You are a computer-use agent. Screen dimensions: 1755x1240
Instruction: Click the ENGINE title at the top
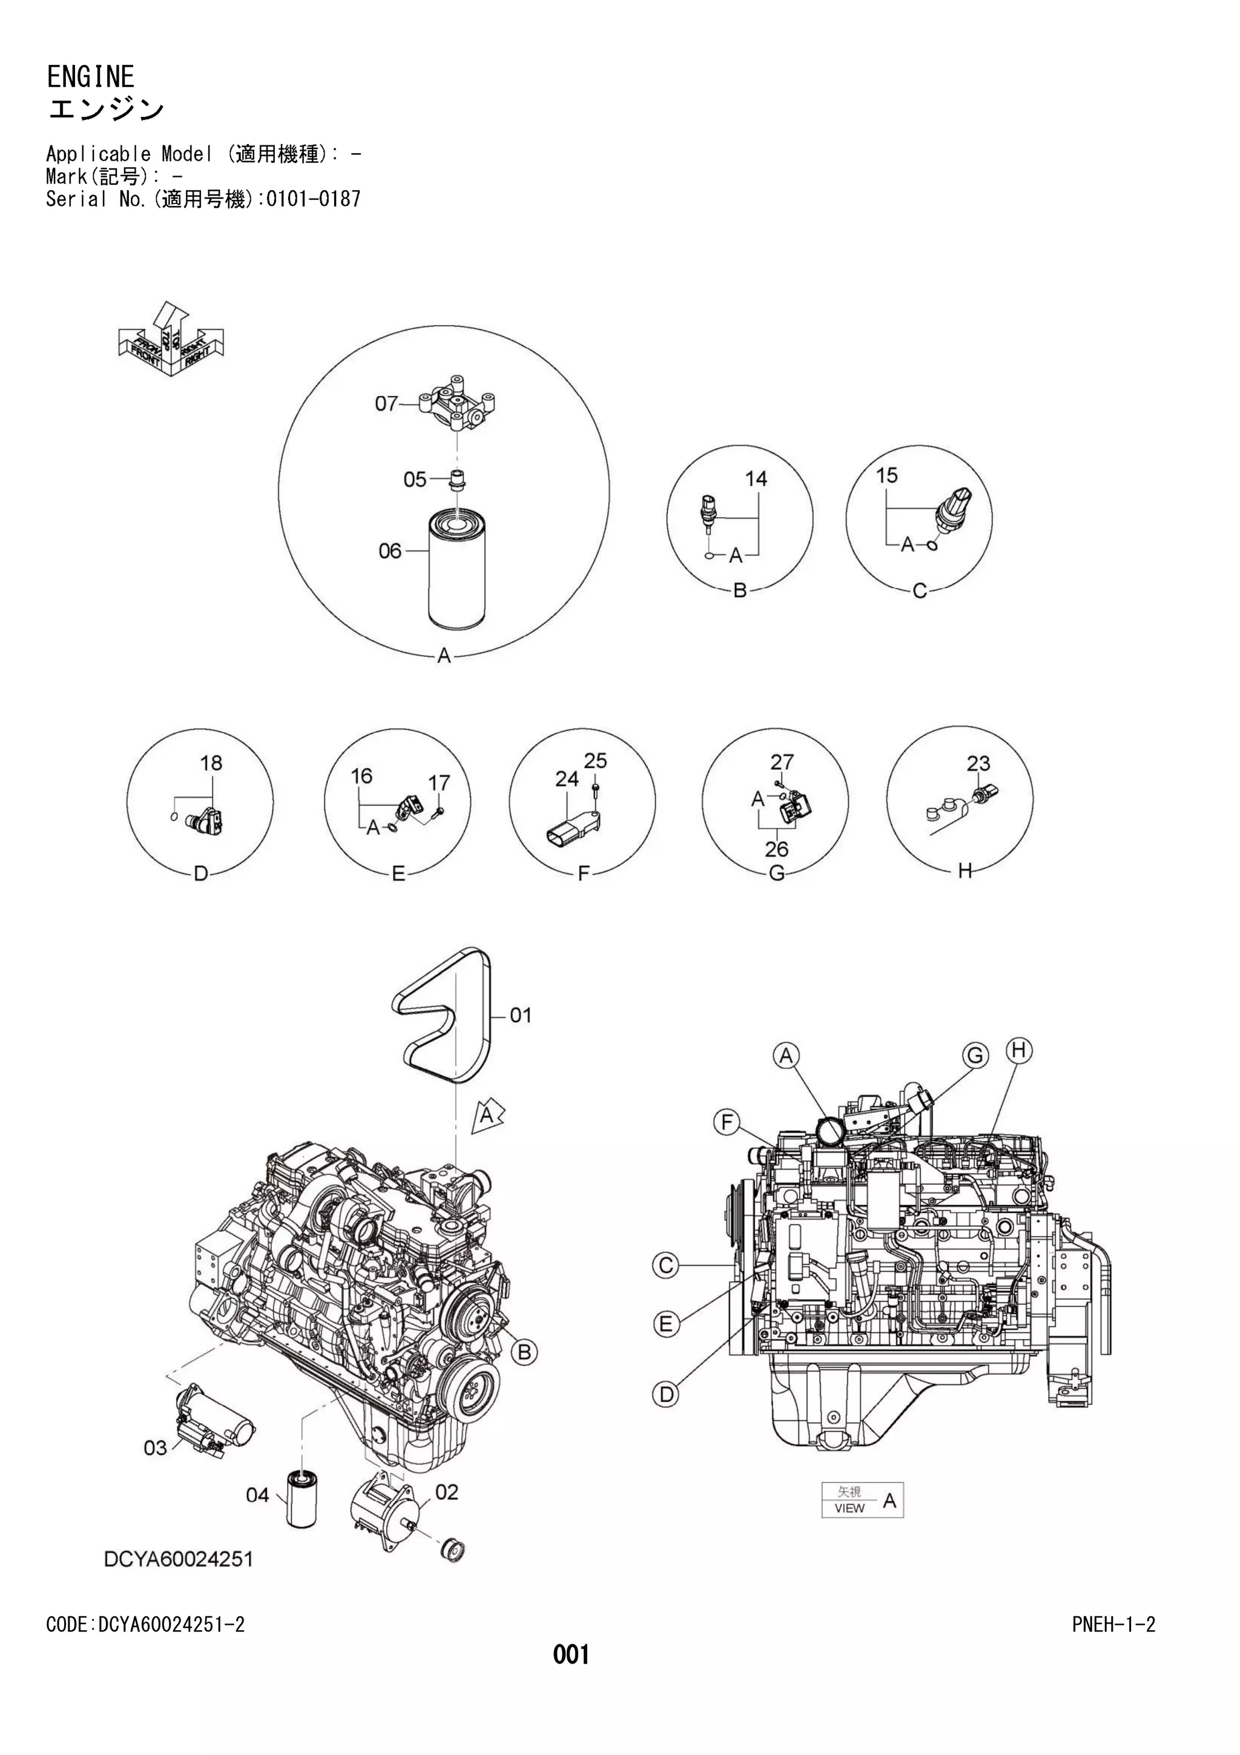click(x=90, y=76)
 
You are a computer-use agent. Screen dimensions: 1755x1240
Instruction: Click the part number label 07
click(x=386, y=403)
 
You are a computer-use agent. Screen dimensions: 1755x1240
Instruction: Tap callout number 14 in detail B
click(x=755, y=478)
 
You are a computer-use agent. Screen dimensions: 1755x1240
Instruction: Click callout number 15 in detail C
click(x=886, y=475)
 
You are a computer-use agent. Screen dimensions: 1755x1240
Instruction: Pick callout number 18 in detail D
click(x=211, y=763)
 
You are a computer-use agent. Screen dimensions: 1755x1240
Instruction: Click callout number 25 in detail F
click(x=595, y=761)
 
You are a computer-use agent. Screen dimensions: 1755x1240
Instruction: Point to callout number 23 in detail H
click(x=978, y=763)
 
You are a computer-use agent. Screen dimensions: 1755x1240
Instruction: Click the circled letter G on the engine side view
click(x=975, y=1056)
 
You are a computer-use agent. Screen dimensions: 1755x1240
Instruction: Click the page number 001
click(x=571, y=1655)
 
